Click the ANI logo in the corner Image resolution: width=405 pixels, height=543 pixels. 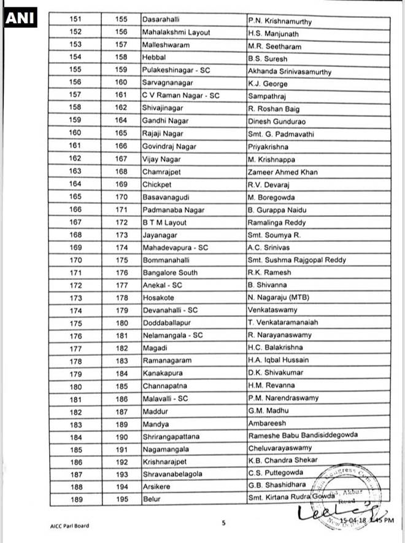tap(20, 19)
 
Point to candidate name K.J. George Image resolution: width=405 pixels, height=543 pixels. tap(268, 84)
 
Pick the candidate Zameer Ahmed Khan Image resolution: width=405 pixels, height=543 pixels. tap(282, 172)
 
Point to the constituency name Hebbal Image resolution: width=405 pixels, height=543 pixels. tap(154, 58)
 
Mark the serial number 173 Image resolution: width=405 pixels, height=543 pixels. tap(75, 297)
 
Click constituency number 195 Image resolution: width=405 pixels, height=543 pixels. tap(121, 499)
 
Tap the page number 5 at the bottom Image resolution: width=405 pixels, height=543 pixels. tap(224, 523)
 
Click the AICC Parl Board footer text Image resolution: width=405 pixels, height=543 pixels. tap(70, 525)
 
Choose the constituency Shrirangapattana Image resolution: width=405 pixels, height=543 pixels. tap(171, 436)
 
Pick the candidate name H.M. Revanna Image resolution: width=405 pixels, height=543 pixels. tap(271, 386)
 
